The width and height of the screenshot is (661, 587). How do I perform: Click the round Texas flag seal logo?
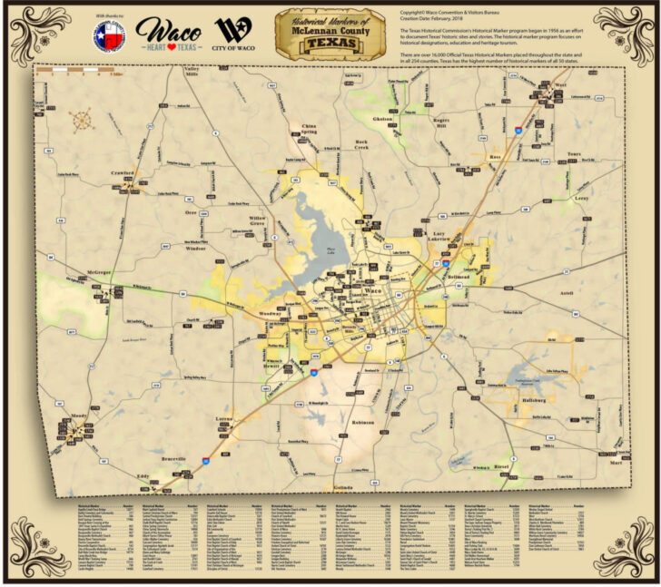point(110,36)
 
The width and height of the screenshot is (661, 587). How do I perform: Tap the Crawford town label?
point(122,171)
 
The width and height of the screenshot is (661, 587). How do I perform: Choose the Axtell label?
point(568,293)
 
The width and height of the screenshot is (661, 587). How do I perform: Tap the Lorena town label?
point(225,418)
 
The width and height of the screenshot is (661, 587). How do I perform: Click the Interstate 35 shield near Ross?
point(518,131)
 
